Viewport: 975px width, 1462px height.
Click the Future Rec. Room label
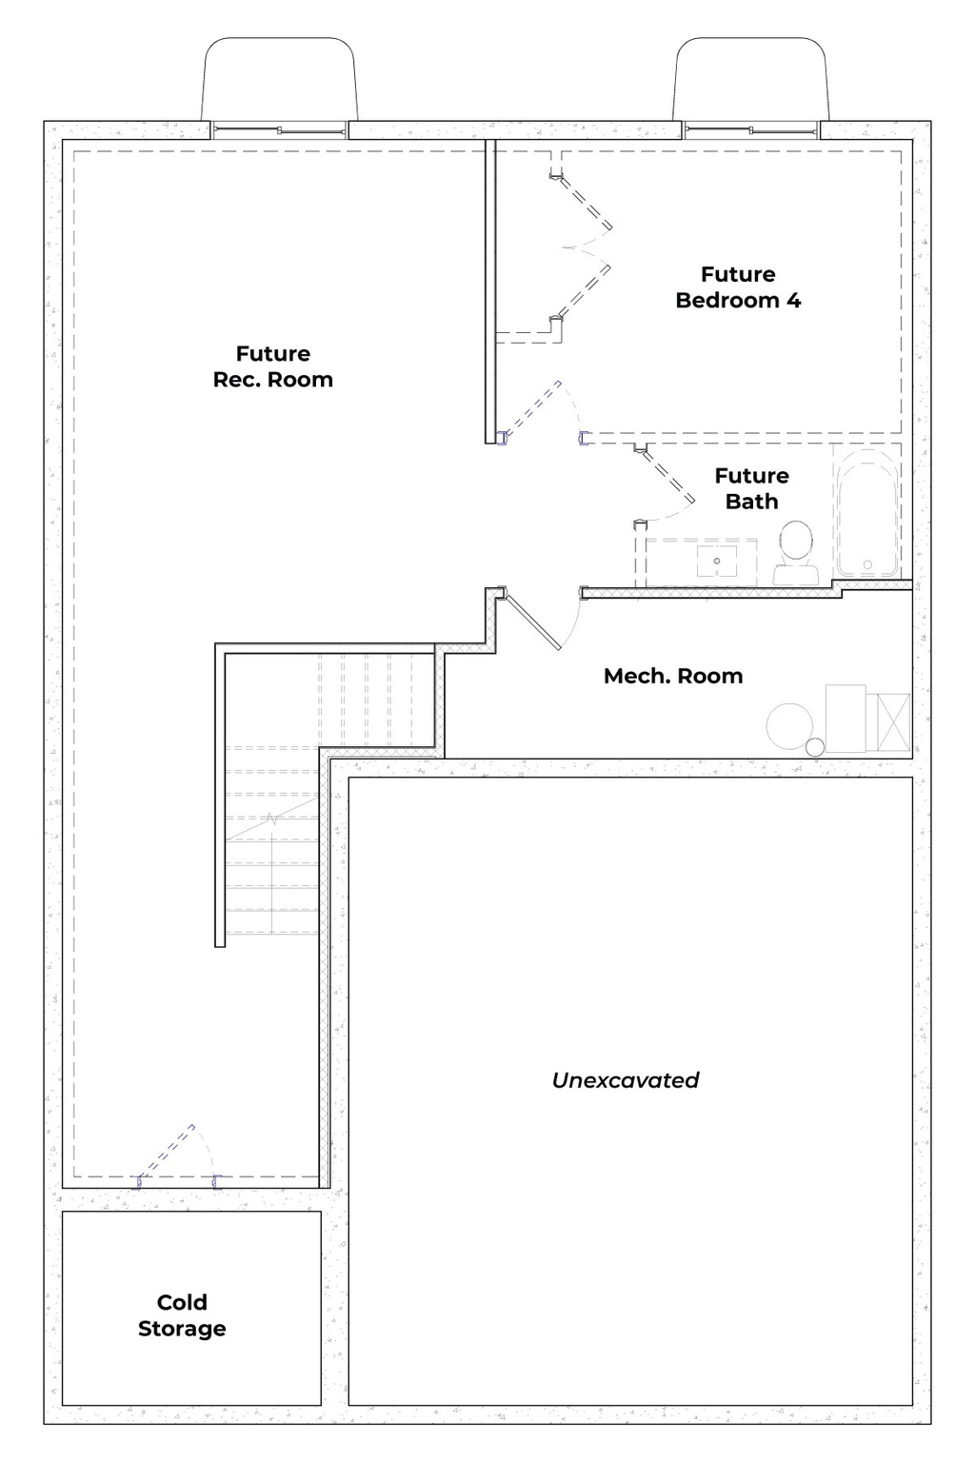(x=272, y=366)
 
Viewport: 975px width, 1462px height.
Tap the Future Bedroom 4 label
(x=738, y=287)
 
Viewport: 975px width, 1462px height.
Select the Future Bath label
(x=751, y=488)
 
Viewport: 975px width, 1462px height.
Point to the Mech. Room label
(x=673, y=677)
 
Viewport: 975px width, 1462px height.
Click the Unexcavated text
(x=626, y=1080)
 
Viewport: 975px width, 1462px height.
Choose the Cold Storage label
(x=182, y=1315)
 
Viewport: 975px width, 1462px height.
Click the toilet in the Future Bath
(x=795, y=552)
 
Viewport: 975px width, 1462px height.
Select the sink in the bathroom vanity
(x=715, y=562)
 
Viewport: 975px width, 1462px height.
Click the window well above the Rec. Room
(x=279, y=81)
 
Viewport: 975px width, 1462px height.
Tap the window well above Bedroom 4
(x=750, y=81)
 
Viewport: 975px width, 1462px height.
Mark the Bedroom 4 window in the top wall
(x=750, y=130)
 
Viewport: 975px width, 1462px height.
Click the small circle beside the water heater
(x=815, y=747)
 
